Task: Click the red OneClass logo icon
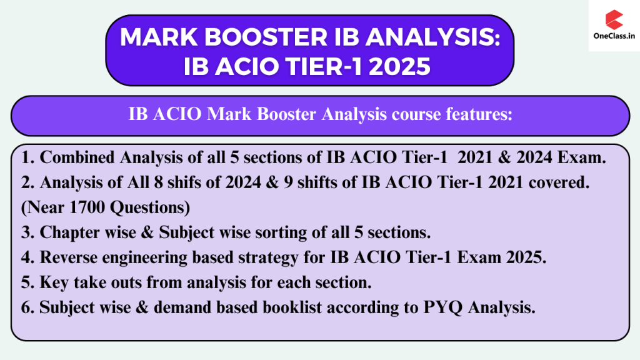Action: point(614,19)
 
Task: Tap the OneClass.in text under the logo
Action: point(614,36)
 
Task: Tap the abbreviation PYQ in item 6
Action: point(443,308)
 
